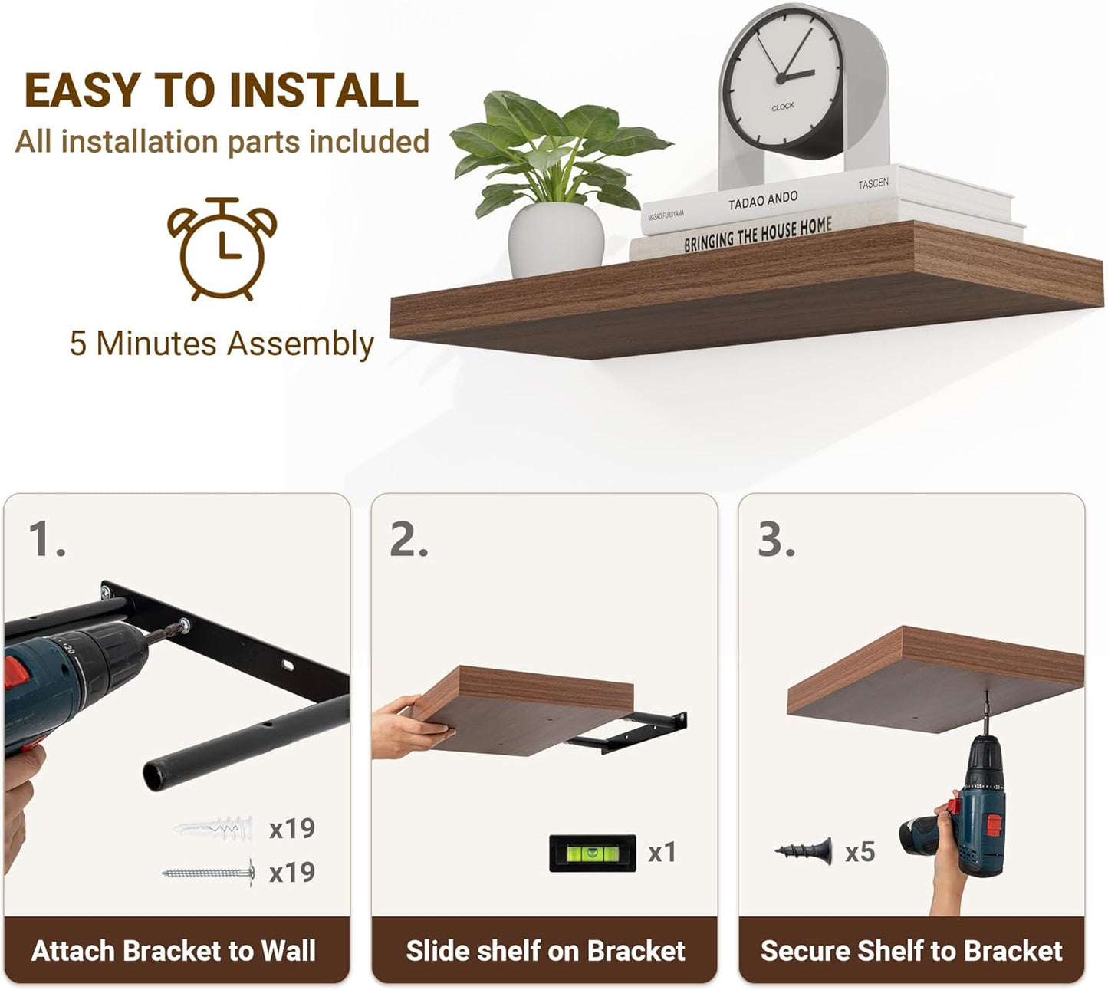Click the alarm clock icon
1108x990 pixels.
[x=222, y=249]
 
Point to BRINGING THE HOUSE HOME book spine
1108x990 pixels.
[x=758, y=235]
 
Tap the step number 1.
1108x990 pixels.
[x=47, y=539]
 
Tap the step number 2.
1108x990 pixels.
[x=409, y=539]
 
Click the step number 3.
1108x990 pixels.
[x=777, y=539]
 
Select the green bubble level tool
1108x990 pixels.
[x=592, y=853]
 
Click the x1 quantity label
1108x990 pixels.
[x=662, y=853]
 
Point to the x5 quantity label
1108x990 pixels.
[x=860, y=852]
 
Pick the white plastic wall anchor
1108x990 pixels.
[x=213, y=829]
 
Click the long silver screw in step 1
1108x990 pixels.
[x=209, y=873]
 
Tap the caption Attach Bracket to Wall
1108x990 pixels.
[x=173, y=950]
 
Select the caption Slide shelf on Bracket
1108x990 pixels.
[x=545, y=950]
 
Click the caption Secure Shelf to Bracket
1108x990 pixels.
[x=911, y=950]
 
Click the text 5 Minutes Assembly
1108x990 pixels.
[x=222, y=344]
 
